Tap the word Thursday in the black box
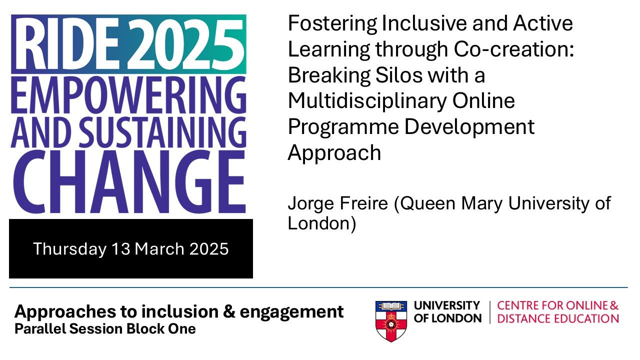click(69, 248)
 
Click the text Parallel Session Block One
click(105, 329)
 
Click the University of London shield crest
click(391, 320)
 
